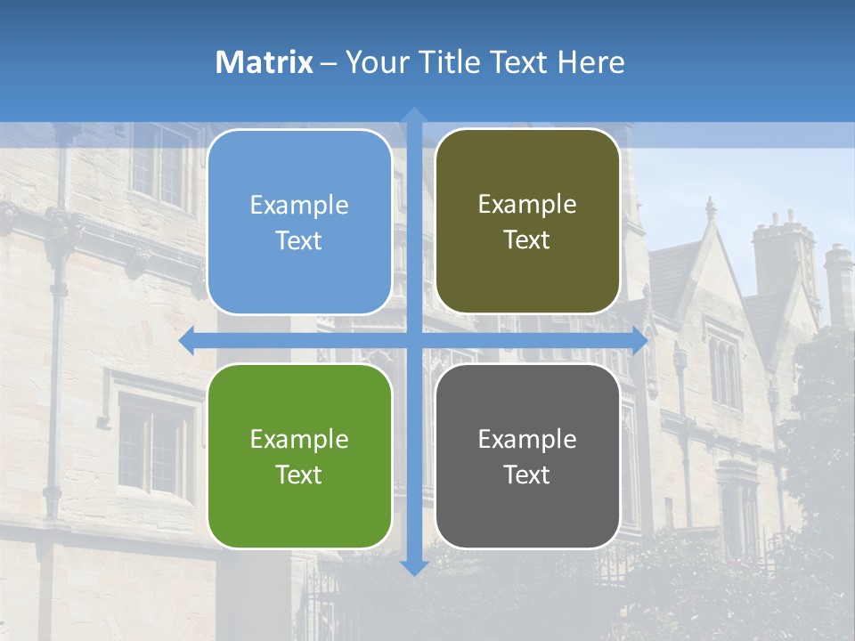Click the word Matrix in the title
(x=265, y=62)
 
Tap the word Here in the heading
(x=591, y=62)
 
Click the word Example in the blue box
(x=299, y=206)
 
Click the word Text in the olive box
(x=527, y=240)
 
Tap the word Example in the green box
(x=299, y=440)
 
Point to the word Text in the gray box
(x=527, y=475)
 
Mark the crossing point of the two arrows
(x=414, y=341)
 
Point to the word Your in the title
(x=373, y=62)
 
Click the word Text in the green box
(x=299, y=475)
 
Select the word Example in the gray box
(x=527, y=440)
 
